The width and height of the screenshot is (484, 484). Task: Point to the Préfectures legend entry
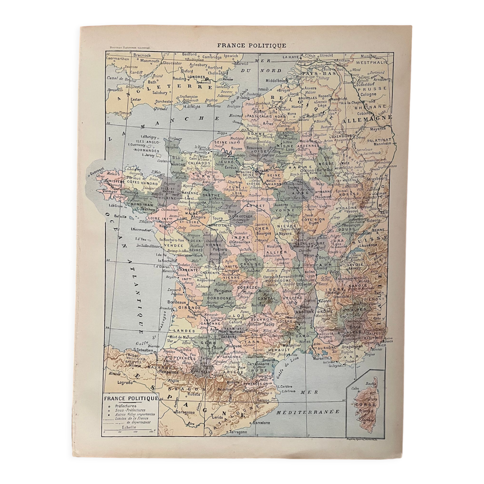[126, 406]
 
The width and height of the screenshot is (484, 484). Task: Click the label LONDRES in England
[197, 77]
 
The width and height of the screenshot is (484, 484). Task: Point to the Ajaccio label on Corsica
[366, 411]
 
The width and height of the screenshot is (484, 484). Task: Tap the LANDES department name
[179, 330]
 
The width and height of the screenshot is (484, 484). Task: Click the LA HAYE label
[291, 57]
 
